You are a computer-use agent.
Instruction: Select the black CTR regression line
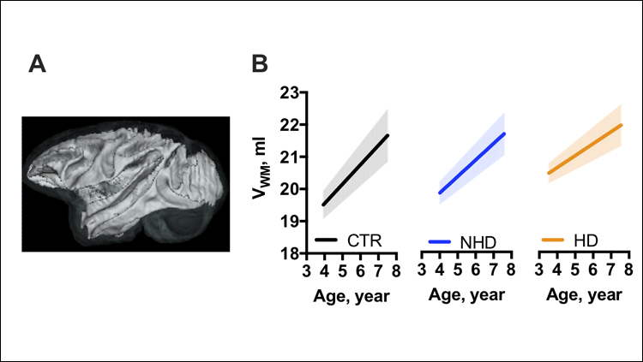point(355,169)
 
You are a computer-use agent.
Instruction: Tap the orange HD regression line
point(585,148)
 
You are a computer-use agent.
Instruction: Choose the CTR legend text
point(364,242)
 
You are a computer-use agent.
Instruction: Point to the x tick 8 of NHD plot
point(510,272)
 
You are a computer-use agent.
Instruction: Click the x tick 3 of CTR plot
point(307,272)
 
